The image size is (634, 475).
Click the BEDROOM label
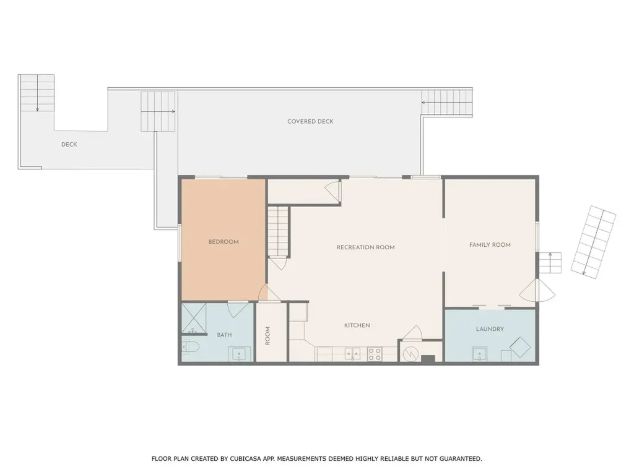pos(224,242)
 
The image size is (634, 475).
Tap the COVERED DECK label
pos(310,122)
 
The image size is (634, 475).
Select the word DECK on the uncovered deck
pos(69,145)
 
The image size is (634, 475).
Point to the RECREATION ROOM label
pos(365,247)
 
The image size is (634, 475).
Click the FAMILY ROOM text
pos(490,245)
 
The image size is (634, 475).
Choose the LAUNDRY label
pos(490,329)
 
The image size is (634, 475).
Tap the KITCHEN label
pos(357,325)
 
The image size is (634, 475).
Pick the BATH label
pos(224,335)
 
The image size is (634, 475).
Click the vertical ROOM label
pos(269,336)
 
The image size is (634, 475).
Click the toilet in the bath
pos(189,348)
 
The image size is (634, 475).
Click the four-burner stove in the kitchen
pos(375,354)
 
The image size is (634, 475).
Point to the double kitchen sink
pos(353,354)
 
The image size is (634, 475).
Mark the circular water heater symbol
pos(409,354)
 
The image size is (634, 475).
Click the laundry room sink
pos(479,354)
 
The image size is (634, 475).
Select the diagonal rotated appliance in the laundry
pos(521,347)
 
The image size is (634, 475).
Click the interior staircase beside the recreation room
pos(279,231)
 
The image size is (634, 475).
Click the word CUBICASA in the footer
pos(236,459)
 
